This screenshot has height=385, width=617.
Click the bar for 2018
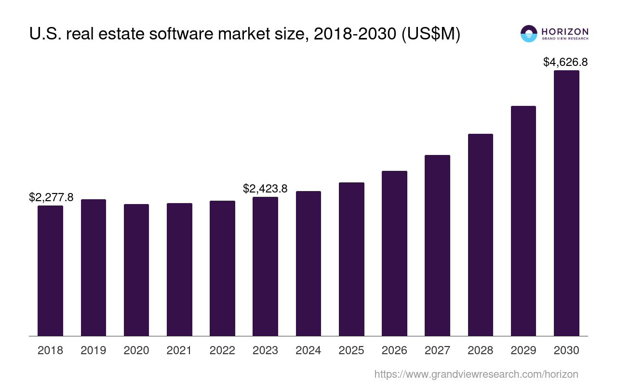click(x=50, y=270)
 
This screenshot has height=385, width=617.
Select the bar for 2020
click(x=136, y=269)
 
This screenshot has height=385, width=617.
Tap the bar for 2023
click(x=265, y=266)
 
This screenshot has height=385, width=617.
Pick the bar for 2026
click(x=394, y=253)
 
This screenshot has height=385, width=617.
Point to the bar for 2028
click(x=480, y=235)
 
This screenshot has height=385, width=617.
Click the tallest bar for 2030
click(x=566, y=203)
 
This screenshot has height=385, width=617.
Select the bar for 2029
click(x=523, y=221)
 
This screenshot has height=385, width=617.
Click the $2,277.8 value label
click(x=51, y=197)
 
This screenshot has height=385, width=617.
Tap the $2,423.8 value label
click(x=265, y=189)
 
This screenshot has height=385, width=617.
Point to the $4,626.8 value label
click(x=565, y=62)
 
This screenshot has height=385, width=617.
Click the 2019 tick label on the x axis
click(x=94, y=350)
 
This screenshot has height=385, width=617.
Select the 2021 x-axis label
click(x=179, y=350)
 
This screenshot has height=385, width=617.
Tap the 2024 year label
click(x=308, y=350)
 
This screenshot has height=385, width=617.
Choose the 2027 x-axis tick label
click(x=437, y=350)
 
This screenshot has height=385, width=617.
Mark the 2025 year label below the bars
click(x=351, y=350)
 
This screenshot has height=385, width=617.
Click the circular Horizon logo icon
click(x=529, y=34)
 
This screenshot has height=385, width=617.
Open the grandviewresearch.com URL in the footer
click(x=476, y=374)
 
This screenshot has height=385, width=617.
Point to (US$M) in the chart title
click(x=431, y=34)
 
